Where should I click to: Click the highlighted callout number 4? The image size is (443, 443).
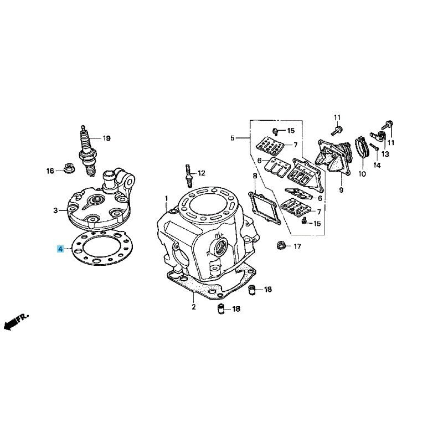point(61,249)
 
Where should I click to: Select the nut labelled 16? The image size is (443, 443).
point(68,168)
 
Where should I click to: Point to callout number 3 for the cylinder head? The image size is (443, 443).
point(55,210)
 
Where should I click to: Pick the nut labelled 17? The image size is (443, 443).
point(281,245)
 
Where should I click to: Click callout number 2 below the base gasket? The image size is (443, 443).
point(193,307)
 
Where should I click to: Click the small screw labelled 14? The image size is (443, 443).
point(374,147)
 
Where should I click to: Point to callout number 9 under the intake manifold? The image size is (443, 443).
point(341,190)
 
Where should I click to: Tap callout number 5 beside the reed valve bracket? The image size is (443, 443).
point(232,138)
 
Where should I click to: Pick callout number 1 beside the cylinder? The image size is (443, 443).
point(167,198)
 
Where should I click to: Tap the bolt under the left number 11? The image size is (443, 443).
point(337,131)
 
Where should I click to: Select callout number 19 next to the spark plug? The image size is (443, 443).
point(106,138)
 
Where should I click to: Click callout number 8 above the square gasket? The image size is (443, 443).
point(255,176)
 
